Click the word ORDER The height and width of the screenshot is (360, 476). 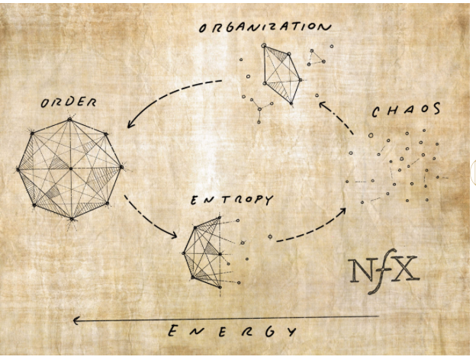[69, 101]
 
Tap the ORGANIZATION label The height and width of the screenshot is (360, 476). [265, 27]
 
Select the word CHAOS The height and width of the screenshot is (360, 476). [406, 110]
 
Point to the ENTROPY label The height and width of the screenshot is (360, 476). [230, 201]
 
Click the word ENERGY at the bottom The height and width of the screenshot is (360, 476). [231, 331]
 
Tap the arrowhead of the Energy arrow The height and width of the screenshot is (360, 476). [77, 320]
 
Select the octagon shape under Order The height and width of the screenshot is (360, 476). [69, 169]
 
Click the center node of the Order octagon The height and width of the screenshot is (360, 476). [70, 169]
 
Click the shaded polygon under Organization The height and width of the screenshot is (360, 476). [280, 72]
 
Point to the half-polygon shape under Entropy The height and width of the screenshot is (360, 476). [204, 252]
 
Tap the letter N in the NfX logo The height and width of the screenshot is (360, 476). [362, 270]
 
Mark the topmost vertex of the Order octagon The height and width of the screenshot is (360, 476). [69, 119]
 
